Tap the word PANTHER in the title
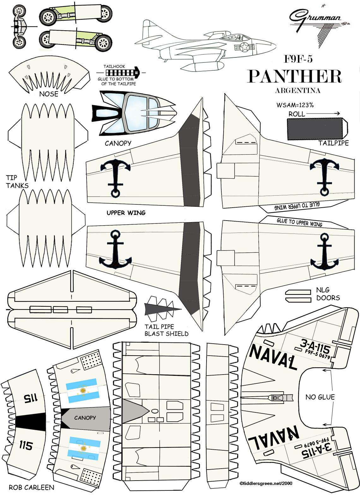(x=294, y=76)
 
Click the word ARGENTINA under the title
(x=297, y=91)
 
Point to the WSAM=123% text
(x=295, y=105)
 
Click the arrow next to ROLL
(x=323, y=114)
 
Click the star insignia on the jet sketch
(x=244, y=48)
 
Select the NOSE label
(x=49, y=94)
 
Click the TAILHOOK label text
(x=114, y=67)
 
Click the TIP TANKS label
(x=17, y=181)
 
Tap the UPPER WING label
(x=126, y=213)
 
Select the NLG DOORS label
(x=328, y=294)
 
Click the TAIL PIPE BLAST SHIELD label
(x=166, y=330)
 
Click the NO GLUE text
(x=320, y=397)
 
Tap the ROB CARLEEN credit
(x=31, y=487)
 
